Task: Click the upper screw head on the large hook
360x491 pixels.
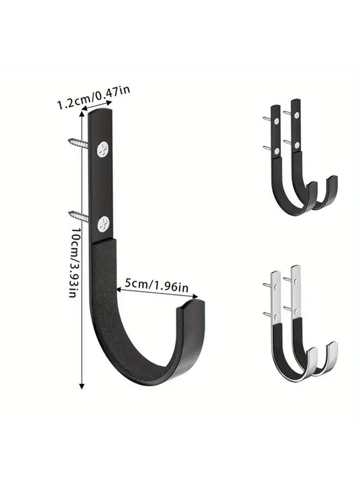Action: pyautogui.click(x=103, y=148)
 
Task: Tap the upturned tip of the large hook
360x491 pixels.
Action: pyautogui.click(x=191, y=306)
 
